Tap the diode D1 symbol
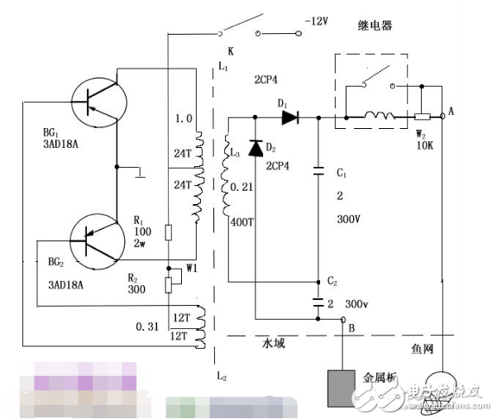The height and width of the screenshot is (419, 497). click(289, 117)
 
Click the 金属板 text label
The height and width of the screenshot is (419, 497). click(381, 379)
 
